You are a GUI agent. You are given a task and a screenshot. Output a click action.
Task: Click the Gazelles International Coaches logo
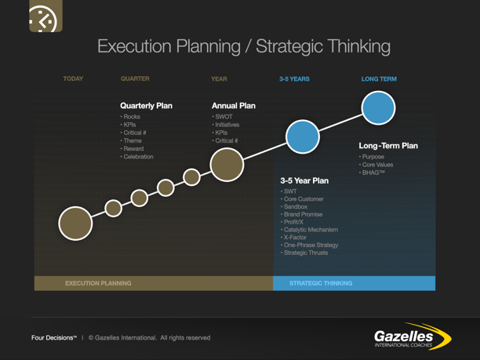[413, 336]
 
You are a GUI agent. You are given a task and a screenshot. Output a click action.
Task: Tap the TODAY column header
[73, 79]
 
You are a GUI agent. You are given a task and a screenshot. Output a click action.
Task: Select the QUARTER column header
[135, 79]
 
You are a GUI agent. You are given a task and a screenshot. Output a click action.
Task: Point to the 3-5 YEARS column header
[294, 79]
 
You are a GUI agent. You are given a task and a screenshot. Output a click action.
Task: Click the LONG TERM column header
[379, 79]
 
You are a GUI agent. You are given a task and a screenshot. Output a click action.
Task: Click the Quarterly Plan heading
[146, 106]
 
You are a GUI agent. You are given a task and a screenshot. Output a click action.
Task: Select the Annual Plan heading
[234, 106]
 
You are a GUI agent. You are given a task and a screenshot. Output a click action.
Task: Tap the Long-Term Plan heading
[388, 146]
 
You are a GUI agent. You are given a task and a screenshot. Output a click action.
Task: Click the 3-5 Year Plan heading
[304, 180]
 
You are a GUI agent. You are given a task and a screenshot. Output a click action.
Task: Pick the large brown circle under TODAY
[75, 224]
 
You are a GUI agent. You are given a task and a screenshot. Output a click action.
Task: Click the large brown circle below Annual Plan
[227, 165]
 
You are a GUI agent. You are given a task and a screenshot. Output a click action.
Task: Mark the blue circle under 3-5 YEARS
[302, 136]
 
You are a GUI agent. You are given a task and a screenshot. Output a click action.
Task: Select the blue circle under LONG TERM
[378, 108]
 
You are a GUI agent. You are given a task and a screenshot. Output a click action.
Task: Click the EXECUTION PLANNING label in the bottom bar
[98, 283]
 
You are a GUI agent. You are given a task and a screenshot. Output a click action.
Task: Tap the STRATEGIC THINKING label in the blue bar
[321, 283]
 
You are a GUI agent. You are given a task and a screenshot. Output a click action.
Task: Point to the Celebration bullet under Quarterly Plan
[138, 157]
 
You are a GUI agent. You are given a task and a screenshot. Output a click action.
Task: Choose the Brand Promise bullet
[303, 214]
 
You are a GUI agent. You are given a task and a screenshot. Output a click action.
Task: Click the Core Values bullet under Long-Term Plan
[377, 165]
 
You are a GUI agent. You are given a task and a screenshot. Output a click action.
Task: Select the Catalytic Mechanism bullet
[311, 230]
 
